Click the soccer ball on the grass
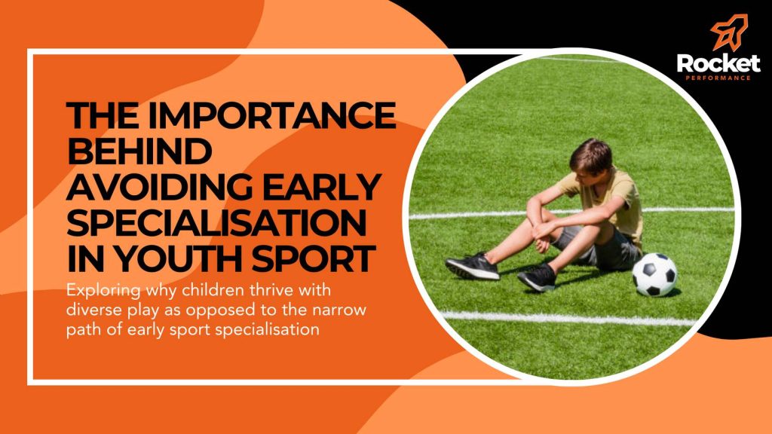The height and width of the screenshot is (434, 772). click(654, 274)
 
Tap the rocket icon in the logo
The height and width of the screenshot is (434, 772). click(730, 32)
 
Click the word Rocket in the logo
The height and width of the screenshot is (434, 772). click(718, 64)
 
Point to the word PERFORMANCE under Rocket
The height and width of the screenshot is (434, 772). click(718, 78)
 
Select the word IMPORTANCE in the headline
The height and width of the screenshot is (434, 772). click(271, 115)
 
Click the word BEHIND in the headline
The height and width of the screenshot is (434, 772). click(139, 151)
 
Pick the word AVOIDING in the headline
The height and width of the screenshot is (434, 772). click(160, 187)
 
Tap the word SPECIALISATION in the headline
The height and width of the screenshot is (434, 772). click(217, 222)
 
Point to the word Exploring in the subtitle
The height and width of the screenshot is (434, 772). click(103, 292)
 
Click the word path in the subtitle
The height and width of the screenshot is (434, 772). click(81, 330)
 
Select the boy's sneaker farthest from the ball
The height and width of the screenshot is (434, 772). click(472, 267)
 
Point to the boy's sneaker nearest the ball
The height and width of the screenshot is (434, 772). click(537, 277)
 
